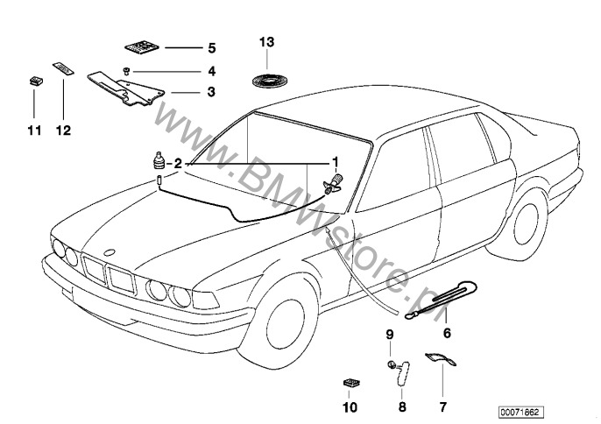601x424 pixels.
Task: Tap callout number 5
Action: pos(211,46)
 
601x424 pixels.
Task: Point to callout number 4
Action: pos(211,69)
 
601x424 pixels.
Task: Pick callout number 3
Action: pos(211,92)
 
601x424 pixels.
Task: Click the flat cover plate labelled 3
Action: pos(128,88)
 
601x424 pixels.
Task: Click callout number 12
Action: pos(64,131)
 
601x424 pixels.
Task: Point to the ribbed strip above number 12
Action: pos(64,69)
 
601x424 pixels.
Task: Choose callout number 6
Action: pos(447,333)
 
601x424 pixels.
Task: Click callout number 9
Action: pos(391,335)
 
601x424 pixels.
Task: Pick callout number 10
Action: pos(350,407)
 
